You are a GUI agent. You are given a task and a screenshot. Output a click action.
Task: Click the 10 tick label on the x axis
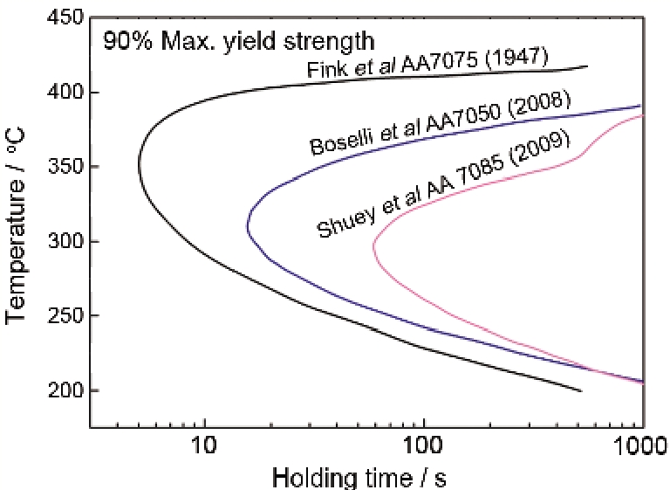pyautogui.click(x=204, y=446)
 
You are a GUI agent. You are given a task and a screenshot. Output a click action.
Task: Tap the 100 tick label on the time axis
pyautogui.click(x=423, y=446)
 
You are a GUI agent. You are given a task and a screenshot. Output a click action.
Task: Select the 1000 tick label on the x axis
pyautogui.click(x=641, y=446)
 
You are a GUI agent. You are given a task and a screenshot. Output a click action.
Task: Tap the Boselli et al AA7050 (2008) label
pyautogui.click(x=441, y=122)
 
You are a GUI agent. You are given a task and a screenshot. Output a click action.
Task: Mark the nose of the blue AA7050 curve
pyautogui.click(x=248, y=231)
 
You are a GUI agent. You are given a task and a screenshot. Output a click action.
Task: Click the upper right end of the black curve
pyautogui.click(x=587, y=66)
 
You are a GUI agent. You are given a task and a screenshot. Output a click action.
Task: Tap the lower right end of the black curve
pyautogui.click(x=581, y=390)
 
